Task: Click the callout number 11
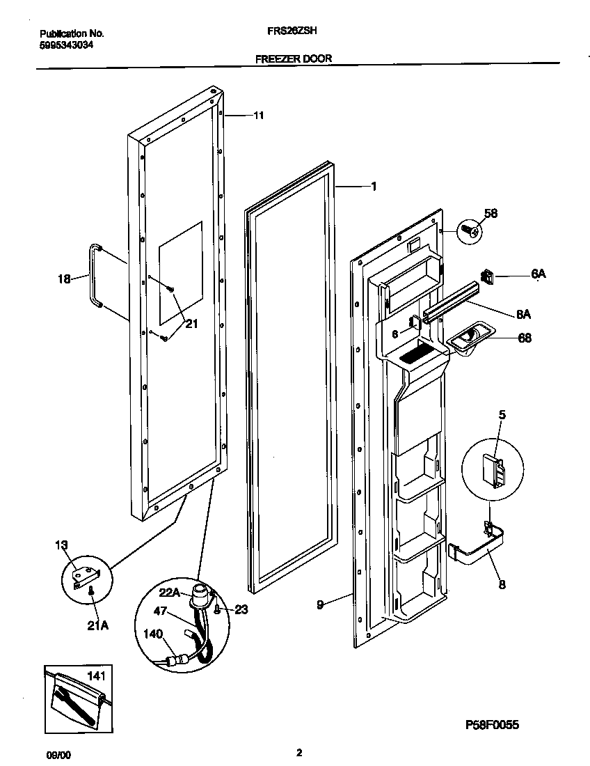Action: (x=258, y=116)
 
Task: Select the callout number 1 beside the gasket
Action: (x=374, y=186)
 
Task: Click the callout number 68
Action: (x=525, y=338)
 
